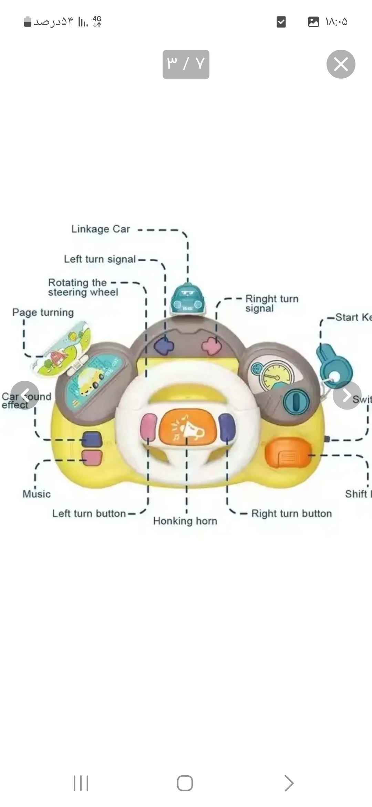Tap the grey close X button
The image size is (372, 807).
tap(341, 64)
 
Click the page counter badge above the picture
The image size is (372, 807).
tap(186, 64)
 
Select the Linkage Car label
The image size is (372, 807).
tap(101, 229)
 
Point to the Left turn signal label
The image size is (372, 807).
tap(100, 259)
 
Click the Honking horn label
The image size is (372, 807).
tap(185, 521)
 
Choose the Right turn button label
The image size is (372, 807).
tap(291, 514)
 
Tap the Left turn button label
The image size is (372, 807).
tap(89, 514)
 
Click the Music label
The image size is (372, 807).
tap(37, 494)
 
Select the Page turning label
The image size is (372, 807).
tap(43, 312)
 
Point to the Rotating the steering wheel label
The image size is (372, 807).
tap(83, 287)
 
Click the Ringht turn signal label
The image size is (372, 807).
tap(272, 303)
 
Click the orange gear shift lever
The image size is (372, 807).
tap(288, 453)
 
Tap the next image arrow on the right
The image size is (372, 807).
tap(347, 395)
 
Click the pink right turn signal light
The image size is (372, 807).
tap(211, 346)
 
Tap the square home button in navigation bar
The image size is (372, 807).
tap(185, 783)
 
